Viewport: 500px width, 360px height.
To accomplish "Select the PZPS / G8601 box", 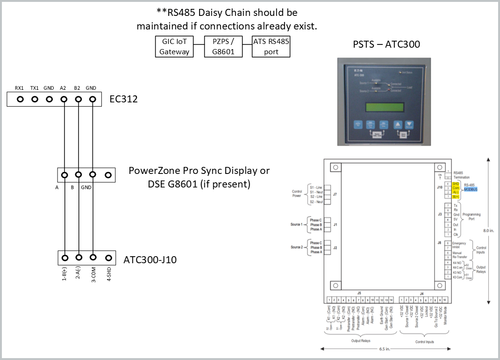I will click(x=223, y=47).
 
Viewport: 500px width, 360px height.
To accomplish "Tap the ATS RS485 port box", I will click(x=271, y=47).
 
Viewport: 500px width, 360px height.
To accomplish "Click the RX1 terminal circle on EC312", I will click(x=20, y=99).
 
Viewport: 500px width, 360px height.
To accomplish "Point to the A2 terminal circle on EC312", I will click(x=64, y=99).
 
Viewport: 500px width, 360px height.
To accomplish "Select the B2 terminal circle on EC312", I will click(x=78, y=99).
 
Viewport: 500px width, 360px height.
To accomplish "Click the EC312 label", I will click(x=123, y=99).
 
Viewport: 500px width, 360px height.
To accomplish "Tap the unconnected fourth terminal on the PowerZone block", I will click(x=108, y=175).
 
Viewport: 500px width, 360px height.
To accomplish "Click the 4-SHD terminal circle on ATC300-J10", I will click(x=108, y=258).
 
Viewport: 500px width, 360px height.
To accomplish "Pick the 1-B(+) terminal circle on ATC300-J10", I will click(x=64, y=258).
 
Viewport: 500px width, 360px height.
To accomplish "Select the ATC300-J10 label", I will click(x=150, y=259).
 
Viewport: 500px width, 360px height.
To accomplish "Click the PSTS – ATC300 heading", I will click(x=386, y=44).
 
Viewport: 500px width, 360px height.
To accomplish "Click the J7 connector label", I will click(x=335, y=194).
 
